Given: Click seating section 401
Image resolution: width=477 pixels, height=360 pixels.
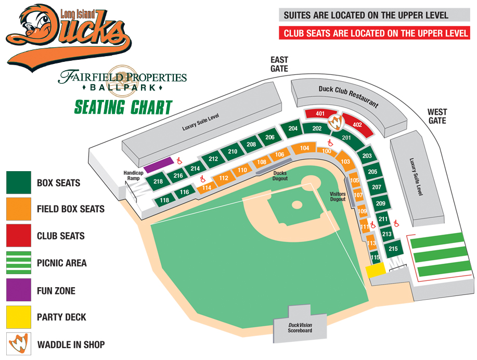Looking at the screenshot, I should tap(319, 114).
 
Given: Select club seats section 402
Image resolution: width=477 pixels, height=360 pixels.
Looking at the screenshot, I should tap(357, 125).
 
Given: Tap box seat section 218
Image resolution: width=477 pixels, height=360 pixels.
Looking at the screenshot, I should tap(158, 182).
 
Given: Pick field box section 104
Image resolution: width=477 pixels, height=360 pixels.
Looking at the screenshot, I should tap(304, 148).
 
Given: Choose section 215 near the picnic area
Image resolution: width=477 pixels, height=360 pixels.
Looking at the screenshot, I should tap(393, 249).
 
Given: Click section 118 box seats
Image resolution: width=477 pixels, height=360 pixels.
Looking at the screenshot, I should tap(165, 200).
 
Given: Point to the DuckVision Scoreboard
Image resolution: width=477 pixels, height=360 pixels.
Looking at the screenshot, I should tap(300, 327).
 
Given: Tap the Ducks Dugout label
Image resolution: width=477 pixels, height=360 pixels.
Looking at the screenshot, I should tap(280, 176).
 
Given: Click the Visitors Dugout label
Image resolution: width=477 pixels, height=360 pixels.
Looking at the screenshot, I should tap(338, 196).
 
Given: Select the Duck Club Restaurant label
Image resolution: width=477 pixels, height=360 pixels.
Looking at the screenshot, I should tap(348, 96).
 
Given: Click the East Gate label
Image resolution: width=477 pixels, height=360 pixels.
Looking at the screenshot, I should tap(279, 65).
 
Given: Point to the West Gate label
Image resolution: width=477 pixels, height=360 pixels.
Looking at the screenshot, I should tap(437, 116).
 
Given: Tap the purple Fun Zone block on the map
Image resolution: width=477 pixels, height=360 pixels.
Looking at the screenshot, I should tap(158, 165).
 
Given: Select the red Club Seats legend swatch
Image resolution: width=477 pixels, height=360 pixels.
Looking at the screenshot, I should tap(19, 236).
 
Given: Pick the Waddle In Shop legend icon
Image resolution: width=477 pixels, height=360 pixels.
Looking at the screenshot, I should tap(19, 344).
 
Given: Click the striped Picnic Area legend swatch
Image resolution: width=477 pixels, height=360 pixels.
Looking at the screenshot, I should tap(19, 263).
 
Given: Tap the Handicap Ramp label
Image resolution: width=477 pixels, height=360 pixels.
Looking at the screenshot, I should tap(133, 175).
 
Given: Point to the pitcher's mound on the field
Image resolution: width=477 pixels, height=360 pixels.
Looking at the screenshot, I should tap(296, 204).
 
